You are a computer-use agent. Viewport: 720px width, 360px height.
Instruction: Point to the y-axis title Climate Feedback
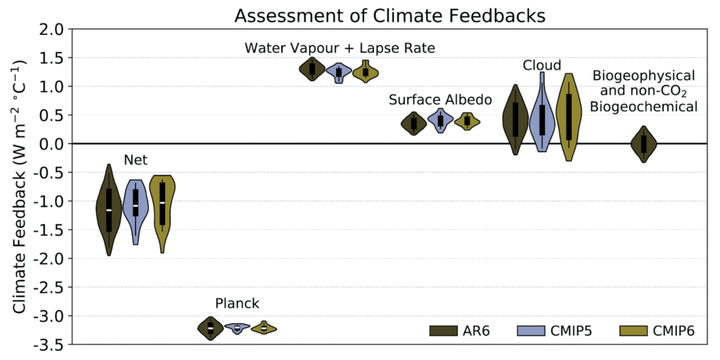coord(20,186)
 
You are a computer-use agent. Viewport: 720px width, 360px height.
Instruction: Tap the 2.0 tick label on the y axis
coord(51,30)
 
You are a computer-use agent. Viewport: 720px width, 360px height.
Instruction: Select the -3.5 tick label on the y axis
coord(48,345)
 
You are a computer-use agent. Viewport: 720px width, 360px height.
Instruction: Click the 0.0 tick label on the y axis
coord(51,144)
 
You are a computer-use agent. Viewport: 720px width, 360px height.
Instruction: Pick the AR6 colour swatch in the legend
coord(446,331)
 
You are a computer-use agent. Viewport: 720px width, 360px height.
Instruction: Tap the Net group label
coord(136,160)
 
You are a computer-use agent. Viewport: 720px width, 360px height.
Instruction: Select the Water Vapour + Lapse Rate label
coord(340,48)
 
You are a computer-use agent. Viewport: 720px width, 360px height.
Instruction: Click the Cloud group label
coord(542,65)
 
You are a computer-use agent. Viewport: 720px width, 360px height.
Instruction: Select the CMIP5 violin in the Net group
coord(136,204)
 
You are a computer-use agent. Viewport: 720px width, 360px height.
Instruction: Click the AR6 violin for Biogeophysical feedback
coord(643,144)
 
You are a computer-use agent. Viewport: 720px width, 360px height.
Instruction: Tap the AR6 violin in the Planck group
coord(210,328)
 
